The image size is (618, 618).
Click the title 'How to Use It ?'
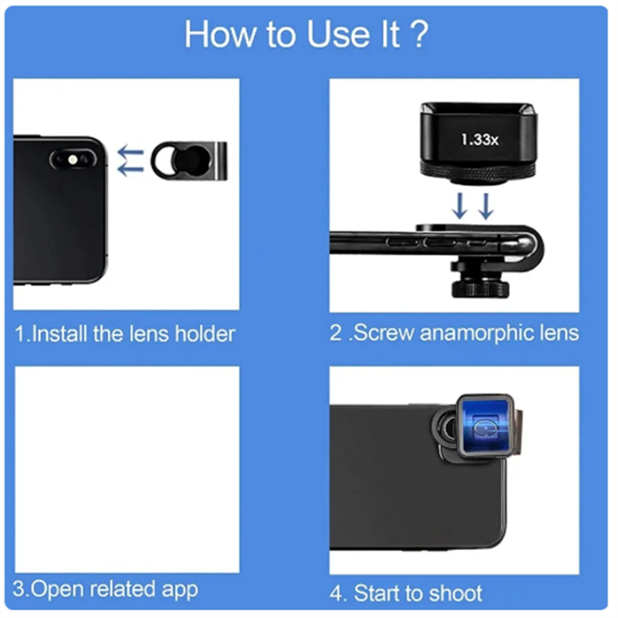306,35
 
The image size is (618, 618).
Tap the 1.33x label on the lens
478,138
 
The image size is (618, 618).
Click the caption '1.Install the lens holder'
126,333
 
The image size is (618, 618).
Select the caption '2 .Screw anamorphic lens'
454,333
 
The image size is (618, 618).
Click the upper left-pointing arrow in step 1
130,152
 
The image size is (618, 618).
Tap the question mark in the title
419,35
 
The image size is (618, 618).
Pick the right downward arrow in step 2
486,206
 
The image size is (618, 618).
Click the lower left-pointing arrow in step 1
130,169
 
